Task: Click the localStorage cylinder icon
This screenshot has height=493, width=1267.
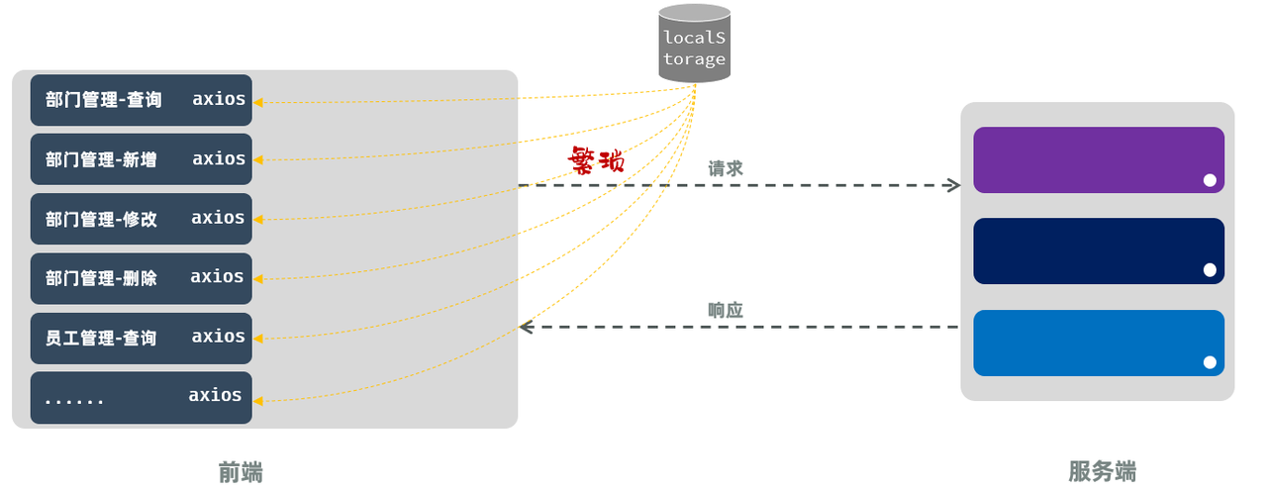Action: (695, 44)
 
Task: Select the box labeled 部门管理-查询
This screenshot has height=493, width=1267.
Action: (141, 100)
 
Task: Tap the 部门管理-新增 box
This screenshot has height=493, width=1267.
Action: (141, 159)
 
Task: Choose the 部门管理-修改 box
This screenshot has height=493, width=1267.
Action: (141, 219)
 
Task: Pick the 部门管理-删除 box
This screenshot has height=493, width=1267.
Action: (141, 278)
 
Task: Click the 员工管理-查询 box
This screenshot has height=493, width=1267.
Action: (141, 338)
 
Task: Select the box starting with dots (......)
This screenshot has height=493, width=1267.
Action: (141, 397)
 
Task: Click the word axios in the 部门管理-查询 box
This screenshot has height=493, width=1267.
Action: (219, 99)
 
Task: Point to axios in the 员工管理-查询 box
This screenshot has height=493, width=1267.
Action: (219, 337)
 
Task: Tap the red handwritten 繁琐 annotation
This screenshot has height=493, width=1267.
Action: (596, 159)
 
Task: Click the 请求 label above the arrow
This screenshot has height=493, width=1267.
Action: (726, 168)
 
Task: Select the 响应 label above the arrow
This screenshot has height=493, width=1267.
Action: (726, 310)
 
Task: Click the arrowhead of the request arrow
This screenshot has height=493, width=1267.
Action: (953, 185)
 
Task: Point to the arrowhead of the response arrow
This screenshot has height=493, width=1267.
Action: (528, 327)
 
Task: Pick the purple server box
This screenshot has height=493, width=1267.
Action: (1099, 159)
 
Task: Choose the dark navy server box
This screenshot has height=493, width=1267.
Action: (1099, 250)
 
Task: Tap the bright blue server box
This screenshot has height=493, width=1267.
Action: (1099, 343)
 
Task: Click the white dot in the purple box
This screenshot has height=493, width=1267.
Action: (1210, 180)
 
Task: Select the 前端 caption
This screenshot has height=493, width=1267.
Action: (241, 471)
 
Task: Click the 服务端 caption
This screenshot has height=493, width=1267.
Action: (1102, 471)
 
